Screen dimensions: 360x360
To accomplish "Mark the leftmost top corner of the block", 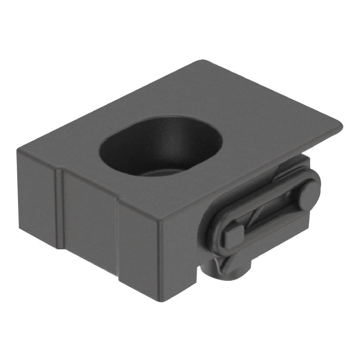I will coord(18,150).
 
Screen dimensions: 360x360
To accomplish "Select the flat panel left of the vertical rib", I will coord(36,196).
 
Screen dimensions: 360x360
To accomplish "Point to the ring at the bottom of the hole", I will coord(160,176).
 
